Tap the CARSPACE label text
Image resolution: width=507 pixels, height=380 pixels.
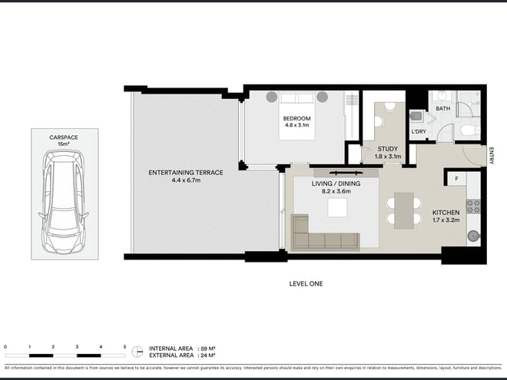(x=64, y=137)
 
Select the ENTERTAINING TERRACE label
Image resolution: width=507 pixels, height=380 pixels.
(x=185, y=173)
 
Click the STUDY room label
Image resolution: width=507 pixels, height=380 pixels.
(x=386, y=150)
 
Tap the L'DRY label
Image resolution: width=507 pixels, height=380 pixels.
(x=419, y=131)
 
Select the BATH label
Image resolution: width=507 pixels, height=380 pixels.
(x=443, y=109)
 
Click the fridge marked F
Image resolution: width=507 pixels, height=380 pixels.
(x=456, y=179)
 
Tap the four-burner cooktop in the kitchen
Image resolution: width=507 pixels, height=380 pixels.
(x=474, y=206)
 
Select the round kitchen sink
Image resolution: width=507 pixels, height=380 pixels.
(x=474, y=235)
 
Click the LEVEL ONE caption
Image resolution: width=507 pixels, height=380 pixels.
(x=305, y=283)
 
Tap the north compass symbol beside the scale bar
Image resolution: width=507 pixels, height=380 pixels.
(x=138, y=351)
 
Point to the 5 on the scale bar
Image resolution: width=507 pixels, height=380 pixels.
(x=124, y=347)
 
